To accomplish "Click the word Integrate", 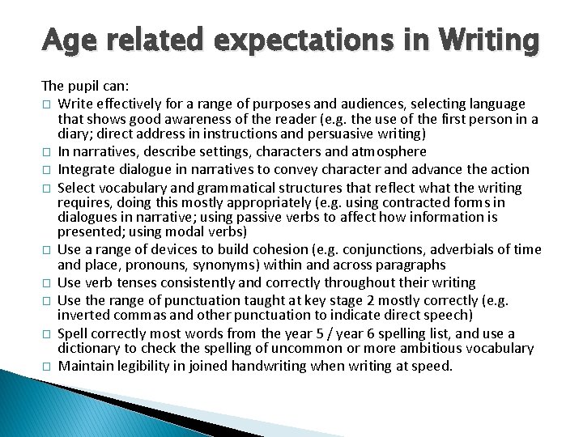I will click(x=88, y=170).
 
